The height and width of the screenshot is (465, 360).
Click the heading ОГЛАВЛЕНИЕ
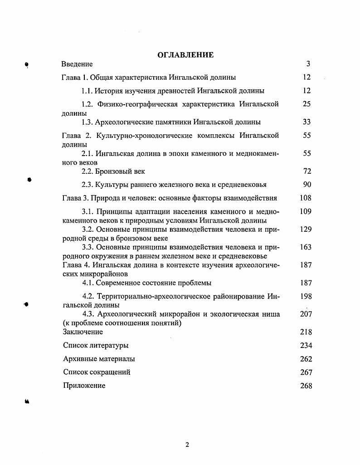185,55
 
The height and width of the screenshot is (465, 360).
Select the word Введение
77,64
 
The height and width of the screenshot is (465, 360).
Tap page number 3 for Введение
308,64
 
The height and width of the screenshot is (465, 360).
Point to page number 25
306,104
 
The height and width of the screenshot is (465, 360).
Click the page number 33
306,122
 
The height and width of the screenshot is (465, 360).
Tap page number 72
306,171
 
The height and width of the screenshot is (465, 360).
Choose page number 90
306,185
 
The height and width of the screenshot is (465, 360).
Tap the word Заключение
83,332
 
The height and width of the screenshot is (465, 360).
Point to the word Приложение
84,386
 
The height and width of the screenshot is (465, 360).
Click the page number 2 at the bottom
187,445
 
